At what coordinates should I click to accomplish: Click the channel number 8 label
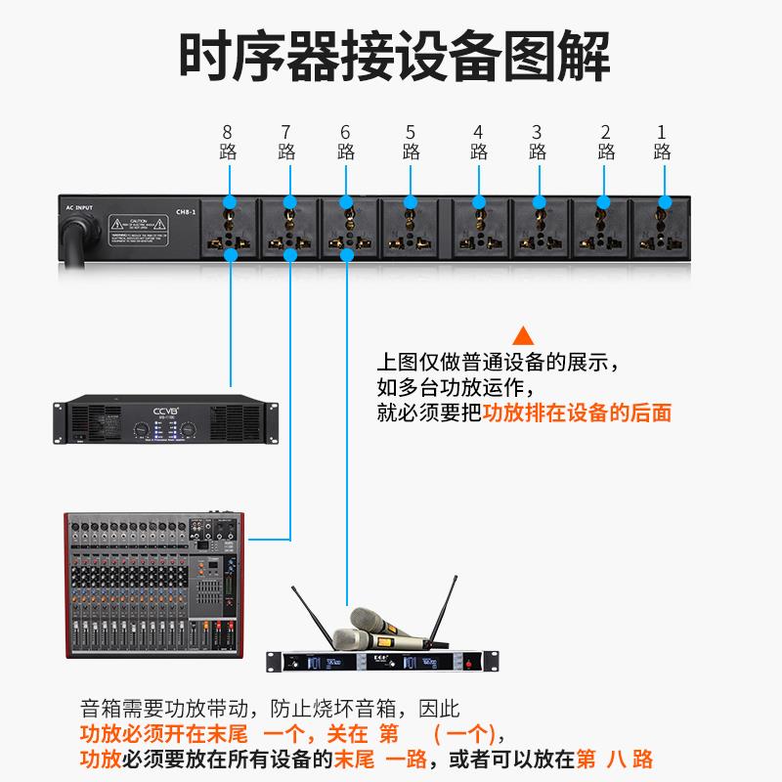228,132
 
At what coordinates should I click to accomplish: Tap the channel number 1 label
662,132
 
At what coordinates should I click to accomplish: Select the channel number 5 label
411,132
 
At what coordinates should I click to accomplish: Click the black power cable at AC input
77,239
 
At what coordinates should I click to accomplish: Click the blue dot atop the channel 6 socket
347,202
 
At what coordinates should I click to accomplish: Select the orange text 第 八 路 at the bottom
615,759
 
